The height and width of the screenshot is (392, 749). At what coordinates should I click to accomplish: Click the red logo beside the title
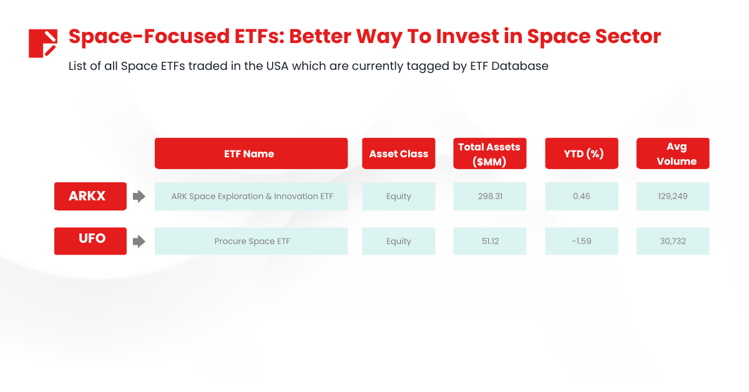point(43,44)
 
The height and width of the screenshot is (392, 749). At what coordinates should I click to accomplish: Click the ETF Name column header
point(251,154)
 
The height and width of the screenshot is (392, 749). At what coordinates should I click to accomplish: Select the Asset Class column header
point(399,154)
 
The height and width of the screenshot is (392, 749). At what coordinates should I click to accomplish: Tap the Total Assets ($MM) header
point(490,154)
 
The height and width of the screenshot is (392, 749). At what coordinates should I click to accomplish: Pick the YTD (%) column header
point(582,154)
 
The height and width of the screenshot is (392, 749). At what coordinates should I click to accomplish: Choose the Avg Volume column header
point(673,154)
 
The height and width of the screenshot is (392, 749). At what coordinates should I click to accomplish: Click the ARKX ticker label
point(91,197)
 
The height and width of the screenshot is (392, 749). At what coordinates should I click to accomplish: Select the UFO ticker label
point(91,241)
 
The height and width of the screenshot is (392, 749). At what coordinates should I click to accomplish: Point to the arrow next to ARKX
point(139,197)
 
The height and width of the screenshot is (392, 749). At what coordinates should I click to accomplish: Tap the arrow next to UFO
point(139,242)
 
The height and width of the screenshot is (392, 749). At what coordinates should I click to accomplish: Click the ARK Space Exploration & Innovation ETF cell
point(251,197)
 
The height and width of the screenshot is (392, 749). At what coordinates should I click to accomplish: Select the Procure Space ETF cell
point(251,241)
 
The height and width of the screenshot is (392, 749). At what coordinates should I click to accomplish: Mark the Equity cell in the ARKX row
point(399,197)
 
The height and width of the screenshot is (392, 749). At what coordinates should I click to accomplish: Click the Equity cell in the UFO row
point(399,241)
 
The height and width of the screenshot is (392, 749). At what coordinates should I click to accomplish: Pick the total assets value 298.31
point(490,197)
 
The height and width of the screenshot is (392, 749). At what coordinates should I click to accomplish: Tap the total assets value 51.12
point(490,241)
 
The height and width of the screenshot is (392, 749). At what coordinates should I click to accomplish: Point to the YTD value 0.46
point(582,197)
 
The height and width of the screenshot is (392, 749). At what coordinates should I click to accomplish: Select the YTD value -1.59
point(582,241)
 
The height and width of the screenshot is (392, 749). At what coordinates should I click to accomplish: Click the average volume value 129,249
point(673,197)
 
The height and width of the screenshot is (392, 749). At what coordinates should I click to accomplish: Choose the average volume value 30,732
point(673,241)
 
